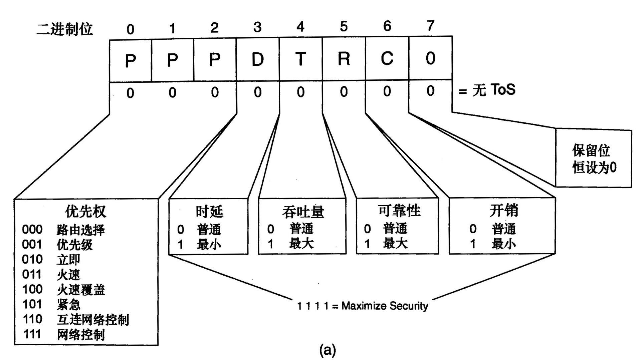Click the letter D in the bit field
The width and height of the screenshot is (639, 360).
(257, 60)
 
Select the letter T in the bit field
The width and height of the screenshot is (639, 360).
(300, 59)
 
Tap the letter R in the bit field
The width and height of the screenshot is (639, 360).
(344, 59)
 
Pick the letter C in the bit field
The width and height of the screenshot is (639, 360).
(387, 59)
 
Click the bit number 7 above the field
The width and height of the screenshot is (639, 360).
(430, 26)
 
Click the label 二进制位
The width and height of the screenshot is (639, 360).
(64, 29)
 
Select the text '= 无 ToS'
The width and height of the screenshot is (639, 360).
(487, 90)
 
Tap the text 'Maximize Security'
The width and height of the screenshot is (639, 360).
(385, 306)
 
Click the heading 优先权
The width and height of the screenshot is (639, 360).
(85, 211)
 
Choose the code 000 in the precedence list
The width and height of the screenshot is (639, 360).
(32, 230)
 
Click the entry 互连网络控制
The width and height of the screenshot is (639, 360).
(93, 319)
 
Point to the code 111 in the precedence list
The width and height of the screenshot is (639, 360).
(32, 334)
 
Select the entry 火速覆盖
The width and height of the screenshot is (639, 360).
(81, 289)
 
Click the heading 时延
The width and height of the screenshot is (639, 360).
(209, 211)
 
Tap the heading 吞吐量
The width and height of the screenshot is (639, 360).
(303, 212)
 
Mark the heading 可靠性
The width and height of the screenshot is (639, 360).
(399, 211)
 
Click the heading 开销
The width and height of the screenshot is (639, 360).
(504, 211)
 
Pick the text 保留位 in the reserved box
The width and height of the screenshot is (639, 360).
(591, 150)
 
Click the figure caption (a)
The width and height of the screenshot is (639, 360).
(328, 350)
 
